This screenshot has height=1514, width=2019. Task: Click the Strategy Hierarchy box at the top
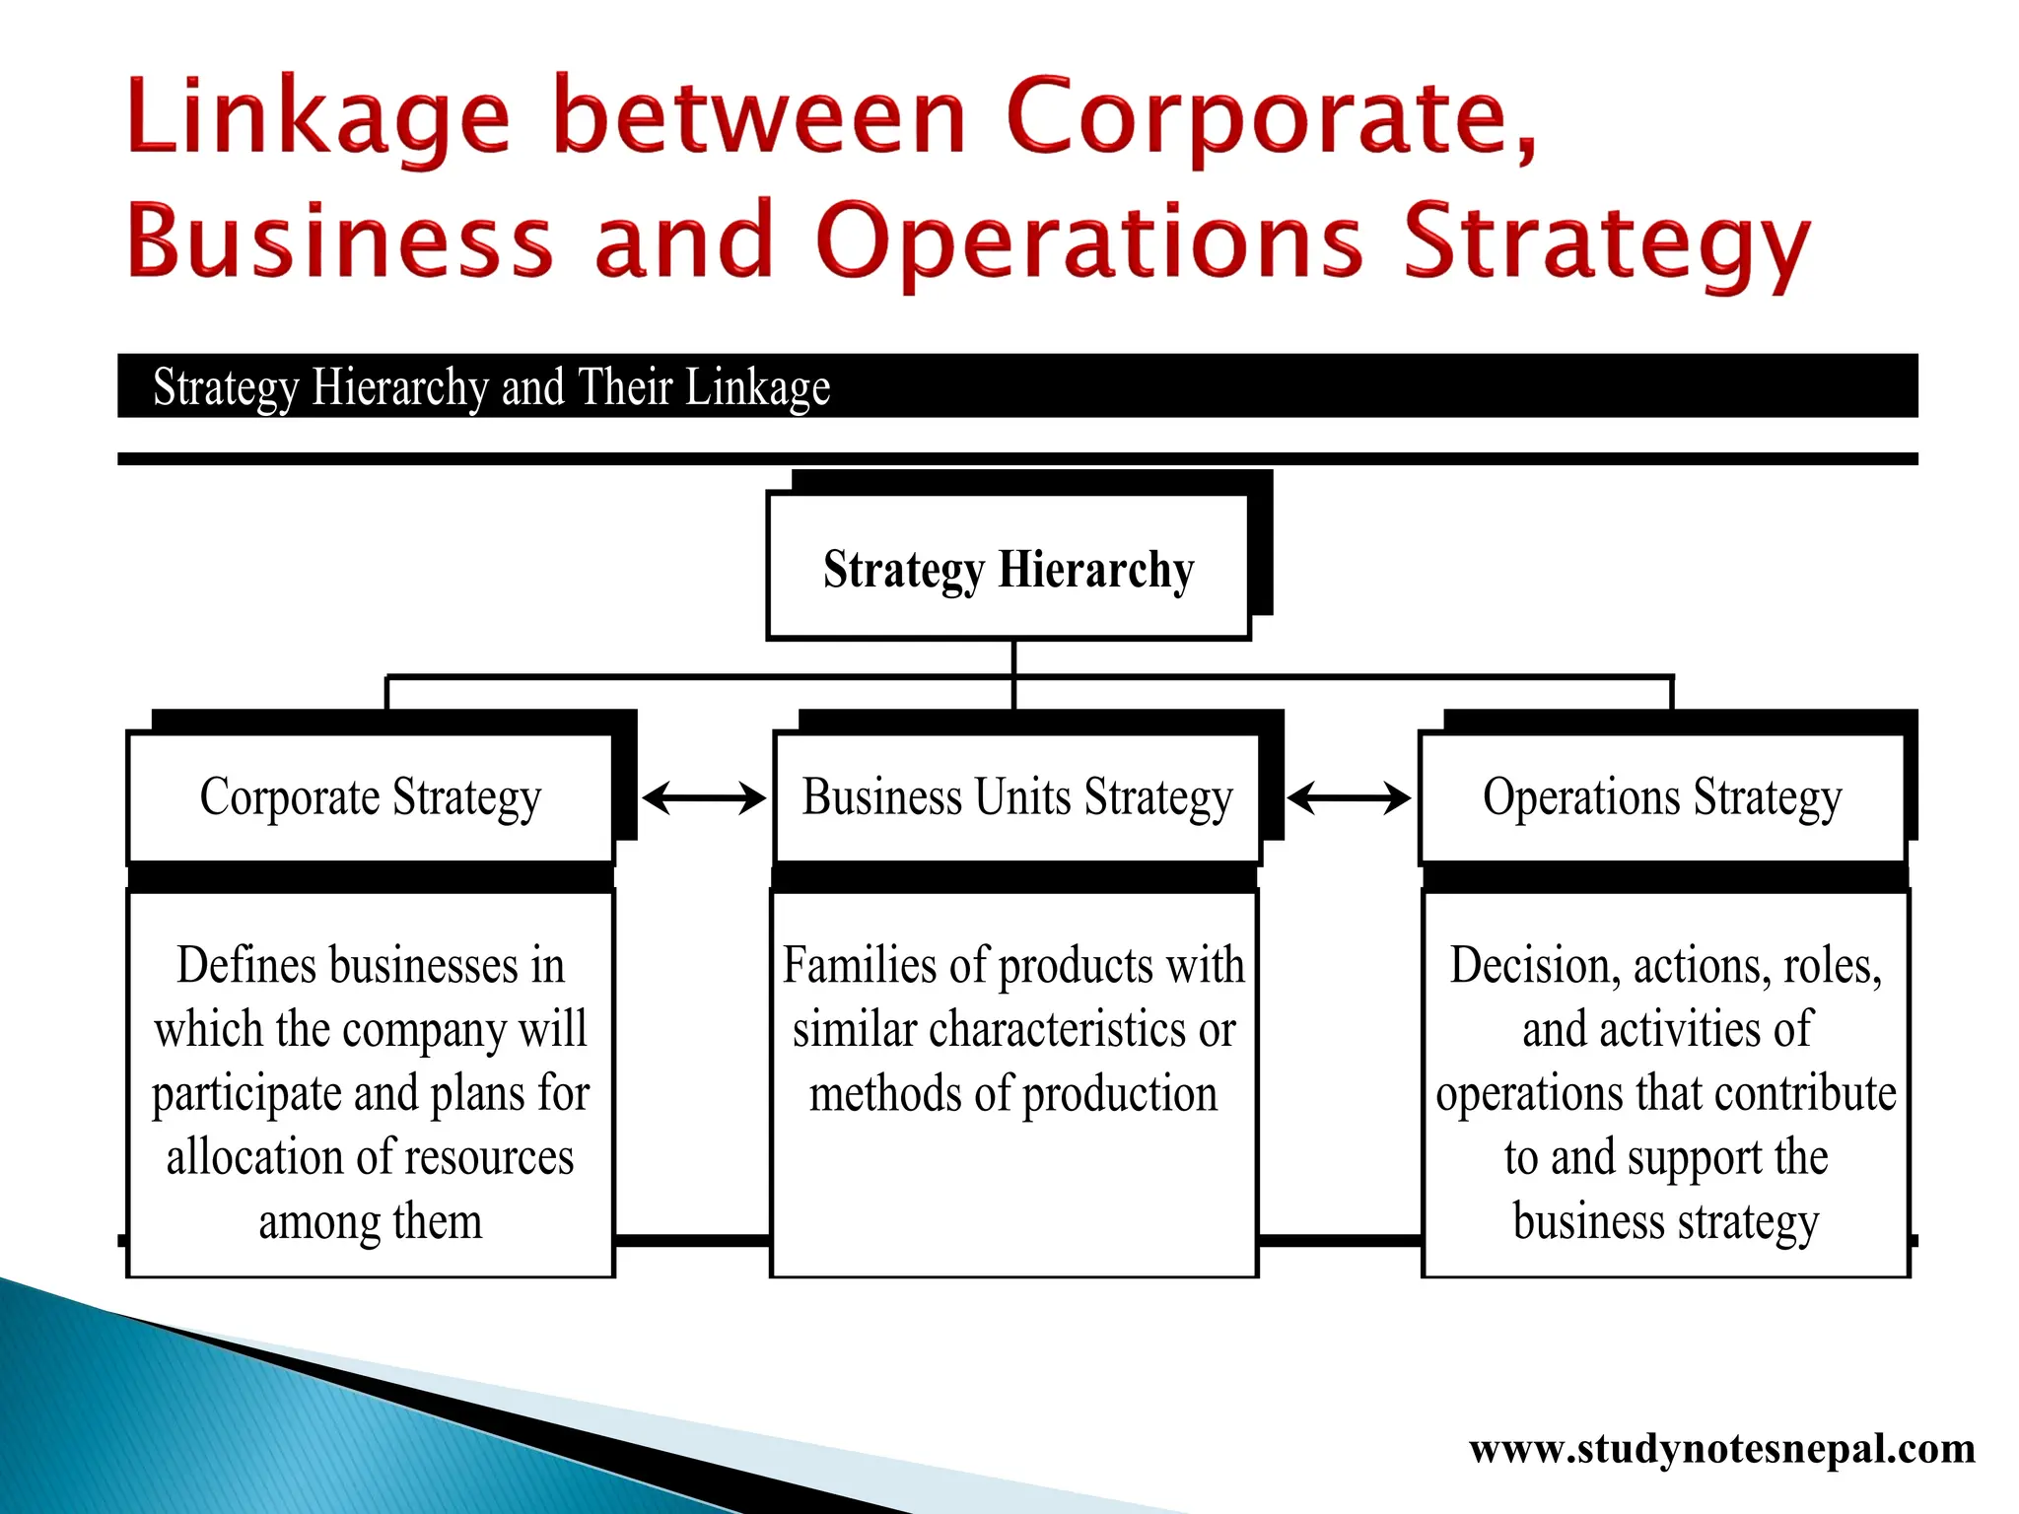tap(1009, 569)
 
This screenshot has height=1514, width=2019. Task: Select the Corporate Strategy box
tap(371, 797)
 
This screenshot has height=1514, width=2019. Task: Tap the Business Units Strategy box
tap(1016, 797)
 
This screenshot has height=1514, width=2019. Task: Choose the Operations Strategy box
tap(1662, 797)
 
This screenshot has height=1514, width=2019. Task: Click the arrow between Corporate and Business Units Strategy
tap(704, 797)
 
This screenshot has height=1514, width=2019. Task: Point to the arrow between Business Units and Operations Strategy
tap(1349, 797)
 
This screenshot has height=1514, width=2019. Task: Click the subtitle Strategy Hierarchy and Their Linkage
tap(491, 387)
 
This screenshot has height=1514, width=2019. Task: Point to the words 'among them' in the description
tap(371, 1221)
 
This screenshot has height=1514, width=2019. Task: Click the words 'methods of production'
tap(1013, 1093)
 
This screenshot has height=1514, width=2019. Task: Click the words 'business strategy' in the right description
tap(1665, 1221)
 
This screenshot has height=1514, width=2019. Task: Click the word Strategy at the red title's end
tap(1607, 242)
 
